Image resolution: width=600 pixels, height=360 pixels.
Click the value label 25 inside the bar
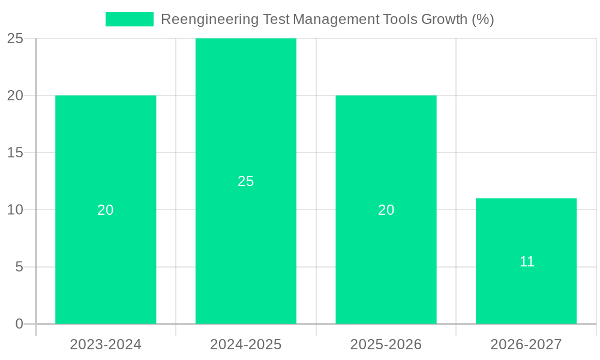[x=246, y=181]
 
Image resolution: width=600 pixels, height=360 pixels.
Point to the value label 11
[x=527, y=262]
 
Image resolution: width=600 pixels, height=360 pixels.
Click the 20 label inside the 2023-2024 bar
[x=106, y=210]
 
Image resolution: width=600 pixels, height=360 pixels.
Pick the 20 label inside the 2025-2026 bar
[x=386, y=210]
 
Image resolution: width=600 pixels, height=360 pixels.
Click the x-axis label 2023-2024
[x=106, y=344]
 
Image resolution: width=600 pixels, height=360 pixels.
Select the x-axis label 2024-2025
[x=246, y=344]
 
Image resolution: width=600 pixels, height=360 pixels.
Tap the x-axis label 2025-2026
[x=386, y=344]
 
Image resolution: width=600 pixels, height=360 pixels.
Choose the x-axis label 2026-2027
[x=526, y=344]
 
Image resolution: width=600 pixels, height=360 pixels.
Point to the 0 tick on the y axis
[x=19, y=324]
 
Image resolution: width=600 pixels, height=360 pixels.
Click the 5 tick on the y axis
[x=19, y=267]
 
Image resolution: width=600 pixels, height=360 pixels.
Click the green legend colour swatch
[x=130, y=19]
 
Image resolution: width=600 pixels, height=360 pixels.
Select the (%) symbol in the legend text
[x=483, y=19]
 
